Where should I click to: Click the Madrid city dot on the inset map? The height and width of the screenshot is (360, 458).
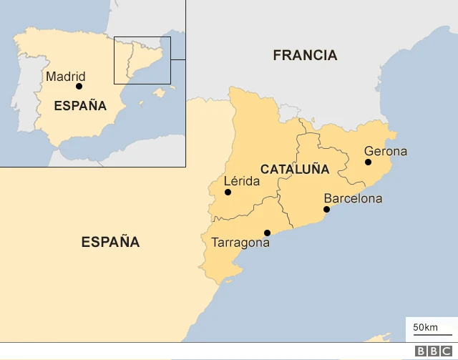(x=79, y=87)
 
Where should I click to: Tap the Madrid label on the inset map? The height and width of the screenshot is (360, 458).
(x=65, y=76)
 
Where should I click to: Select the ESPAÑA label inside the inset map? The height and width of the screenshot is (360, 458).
(x=80, y=106)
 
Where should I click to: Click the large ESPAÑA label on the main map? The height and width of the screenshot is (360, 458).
(x=110, y=242)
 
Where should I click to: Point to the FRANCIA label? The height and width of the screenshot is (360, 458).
(x=305, y=55)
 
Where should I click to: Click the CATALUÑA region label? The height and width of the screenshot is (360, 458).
(x=295, y=170)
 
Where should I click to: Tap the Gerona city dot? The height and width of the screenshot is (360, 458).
(x=368, y=162)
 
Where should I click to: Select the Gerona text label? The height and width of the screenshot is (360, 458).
(x=385, y=151)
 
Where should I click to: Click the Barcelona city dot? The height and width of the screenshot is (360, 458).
(x=326, y=210)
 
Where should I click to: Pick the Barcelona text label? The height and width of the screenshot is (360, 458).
(x=353, y=198)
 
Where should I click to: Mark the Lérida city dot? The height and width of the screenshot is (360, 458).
(x=228, y=192)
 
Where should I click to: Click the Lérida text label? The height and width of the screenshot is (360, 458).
(x=241, y=181)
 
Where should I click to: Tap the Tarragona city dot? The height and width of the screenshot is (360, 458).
(x=267, y=233)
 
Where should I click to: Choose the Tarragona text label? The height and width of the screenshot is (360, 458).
(x=240, y=243)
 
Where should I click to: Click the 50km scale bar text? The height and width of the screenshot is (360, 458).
(x=426, y=327)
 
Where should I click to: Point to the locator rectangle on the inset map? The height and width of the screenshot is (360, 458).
(x=142, y=60)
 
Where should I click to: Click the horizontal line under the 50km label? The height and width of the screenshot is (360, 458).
(x=432, y=334)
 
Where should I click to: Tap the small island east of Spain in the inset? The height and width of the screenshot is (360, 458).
(x=160, y=92)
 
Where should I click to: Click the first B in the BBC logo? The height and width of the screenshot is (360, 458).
(x=421, y=351)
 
